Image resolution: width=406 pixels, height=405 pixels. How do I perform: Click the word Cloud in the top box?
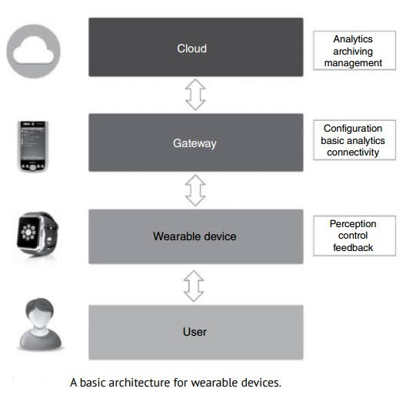pos(192,49)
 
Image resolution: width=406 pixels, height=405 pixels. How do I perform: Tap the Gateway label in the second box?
pos(195,143)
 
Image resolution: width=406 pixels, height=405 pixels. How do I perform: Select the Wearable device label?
pos(195,236)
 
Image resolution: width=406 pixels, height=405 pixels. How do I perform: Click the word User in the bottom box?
pos(195,332)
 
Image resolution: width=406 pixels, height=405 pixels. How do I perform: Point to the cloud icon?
pos(33,51)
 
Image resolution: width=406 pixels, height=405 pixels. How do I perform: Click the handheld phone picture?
pos(33,146)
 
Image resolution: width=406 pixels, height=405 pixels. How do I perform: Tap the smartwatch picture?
pos(38,234)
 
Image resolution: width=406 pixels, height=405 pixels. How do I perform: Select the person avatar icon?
pos(40,324)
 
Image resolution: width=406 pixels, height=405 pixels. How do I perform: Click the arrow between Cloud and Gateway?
pos(195,95)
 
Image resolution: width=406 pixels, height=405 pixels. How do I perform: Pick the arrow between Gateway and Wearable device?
pos(195,190)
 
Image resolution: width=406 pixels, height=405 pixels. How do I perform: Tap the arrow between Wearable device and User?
pos(194,286)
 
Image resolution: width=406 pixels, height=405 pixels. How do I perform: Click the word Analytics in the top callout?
pos(353,39)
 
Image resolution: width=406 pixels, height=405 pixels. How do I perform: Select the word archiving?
pos(353,52)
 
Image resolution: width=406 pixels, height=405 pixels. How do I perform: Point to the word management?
pos(353,63)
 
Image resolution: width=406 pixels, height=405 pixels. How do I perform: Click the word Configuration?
pos(353,129)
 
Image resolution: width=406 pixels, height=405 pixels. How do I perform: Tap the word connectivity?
pos(353,152)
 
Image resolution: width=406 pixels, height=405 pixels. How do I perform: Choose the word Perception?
pos(353,224)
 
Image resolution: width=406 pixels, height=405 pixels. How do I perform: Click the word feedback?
pos(353,248)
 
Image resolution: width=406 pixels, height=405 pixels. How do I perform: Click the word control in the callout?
pos(353,236)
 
